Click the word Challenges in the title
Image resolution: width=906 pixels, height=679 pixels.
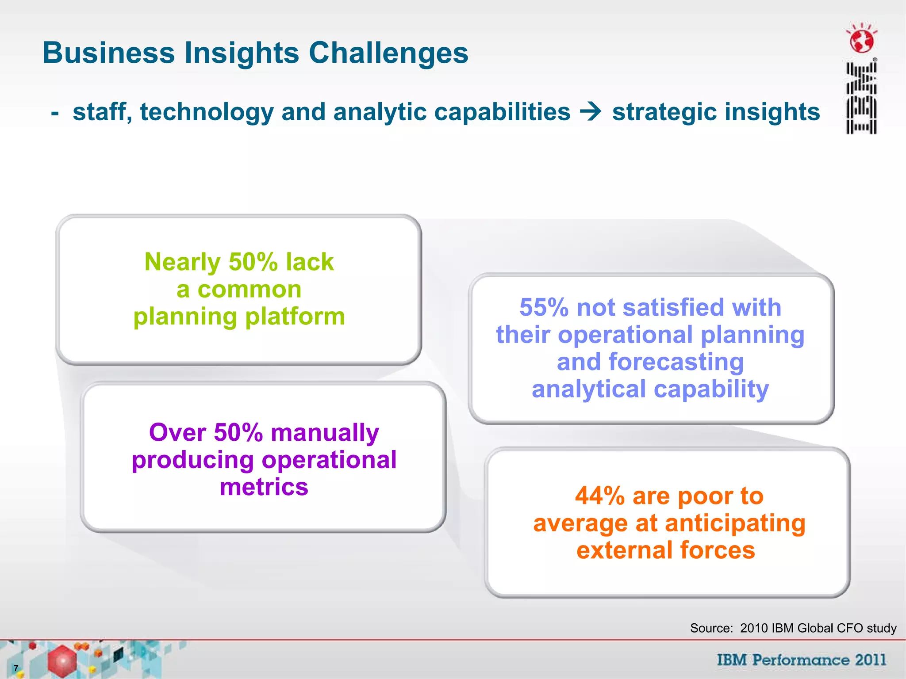click(x=388, y=53)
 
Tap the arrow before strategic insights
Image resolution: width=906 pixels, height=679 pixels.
click(x=591, y=111)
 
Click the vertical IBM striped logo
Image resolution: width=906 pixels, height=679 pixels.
click(x=861, y=98)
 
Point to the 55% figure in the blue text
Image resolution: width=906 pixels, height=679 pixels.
click(x=544, y=307)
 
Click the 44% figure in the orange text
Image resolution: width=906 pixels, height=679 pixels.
click(x=599, y=496)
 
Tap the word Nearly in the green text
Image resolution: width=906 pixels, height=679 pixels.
click(x=182, y=262)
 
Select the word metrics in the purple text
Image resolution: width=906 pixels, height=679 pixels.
click(x=264, y=487)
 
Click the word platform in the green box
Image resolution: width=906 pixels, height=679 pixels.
click(x=295, y=317)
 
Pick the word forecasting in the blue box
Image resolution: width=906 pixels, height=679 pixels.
click(x=676, y=362)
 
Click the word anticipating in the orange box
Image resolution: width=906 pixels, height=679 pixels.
click(x=735, y=523)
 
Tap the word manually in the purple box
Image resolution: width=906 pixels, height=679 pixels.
click(x=325, y=433)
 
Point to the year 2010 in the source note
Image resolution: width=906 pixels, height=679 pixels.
click(x=754, y=628)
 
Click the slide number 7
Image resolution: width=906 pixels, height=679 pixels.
click(x=16, y=668)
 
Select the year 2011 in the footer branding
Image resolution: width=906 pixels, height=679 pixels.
click(x=870, y=660)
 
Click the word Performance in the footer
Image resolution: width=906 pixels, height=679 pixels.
click(x=801, y=660)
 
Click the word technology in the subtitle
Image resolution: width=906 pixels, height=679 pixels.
click(x=207, y=112)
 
